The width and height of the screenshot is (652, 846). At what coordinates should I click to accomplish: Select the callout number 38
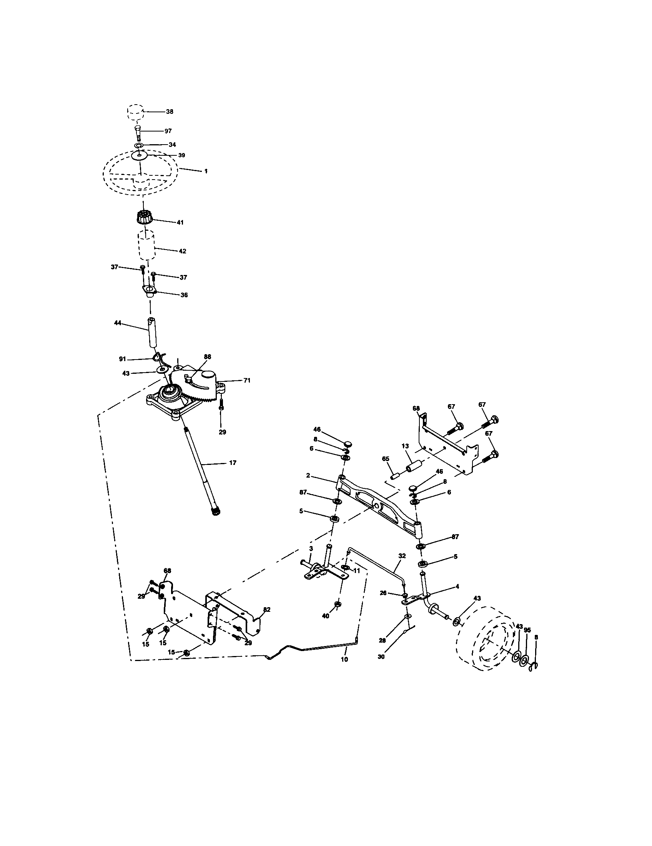[x=170, y=112]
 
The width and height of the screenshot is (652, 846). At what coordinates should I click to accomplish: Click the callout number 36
[x=184, y=295]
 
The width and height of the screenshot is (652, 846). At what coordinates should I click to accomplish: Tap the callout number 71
[x=247, y=380]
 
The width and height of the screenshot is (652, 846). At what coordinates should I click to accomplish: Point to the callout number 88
[x=207, y=356]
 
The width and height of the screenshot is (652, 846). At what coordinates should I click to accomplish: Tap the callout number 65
[x=386, y=458]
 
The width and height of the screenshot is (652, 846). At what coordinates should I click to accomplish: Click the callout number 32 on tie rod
[x=402, y=556]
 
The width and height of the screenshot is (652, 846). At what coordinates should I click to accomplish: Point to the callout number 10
[x=344, y=659]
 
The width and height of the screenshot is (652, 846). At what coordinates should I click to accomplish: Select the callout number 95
[x=527, y=630]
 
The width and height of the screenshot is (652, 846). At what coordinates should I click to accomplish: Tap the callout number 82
[x=267, y=610]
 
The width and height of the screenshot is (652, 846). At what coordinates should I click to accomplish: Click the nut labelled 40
[x=337, y=604]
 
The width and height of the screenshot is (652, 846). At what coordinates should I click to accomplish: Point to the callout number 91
[x=122, y=359]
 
